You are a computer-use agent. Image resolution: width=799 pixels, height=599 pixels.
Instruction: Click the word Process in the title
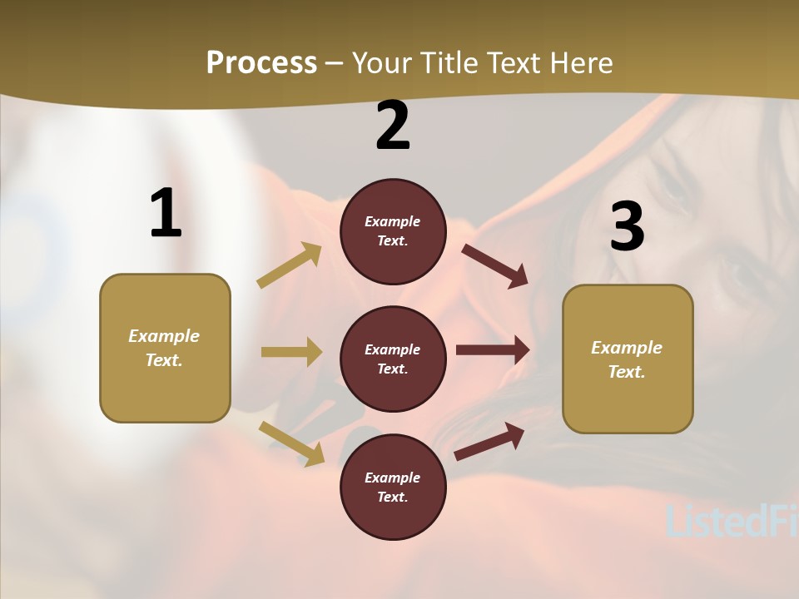(x=261, y=63)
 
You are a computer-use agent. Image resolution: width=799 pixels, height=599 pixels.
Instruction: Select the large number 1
(x=166, y=214)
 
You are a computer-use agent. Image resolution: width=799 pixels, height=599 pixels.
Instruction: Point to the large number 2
(x=393, y=126)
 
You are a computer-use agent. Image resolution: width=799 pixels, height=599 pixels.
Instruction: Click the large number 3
(x=627, y=227)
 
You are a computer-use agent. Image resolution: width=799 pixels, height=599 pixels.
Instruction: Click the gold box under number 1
(x=165, y=348)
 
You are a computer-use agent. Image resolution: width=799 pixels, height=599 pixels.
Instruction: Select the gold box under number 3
(x=628, y=359)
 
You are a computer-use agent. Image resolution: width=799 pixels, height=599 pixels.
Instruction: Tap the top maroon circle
(x=393, y=231)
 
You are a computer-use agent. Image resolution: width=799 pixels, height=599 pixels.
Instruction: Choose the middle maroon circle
(x=393, y=359)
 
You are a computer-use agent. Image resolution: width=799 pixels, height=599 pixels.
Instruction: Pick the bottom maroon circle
(x=393, y=487)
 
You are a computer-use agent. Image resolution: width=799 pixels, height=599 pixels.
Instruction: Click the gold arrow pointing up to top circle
(x=290, y=265)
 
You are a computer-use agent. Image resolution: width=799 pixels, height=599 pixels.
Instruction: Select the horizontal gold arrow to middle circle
(x=291, y=352)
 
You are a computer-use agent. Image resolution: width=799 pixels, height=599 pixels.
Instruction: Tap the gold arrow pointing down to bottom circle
(x=291, y=443)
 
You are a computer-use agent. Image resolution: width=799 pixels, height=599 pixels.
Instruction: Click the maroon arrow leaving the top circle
(x=494, y=265)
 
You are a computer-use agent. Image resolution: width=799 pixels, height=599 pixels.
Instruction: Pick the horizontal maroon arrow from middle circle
(x=492, y=350)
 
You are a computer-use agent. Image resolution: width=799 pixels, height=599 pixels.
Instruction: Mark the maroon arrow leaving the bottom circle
(x=489, y=442)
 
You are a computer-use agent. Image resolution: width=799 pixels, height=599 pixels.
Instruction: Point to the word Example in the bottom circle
(x=393, y=478)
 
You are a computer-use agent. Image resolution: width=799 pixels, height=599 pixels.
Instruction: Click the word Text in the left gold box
(x=163, y=360)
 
